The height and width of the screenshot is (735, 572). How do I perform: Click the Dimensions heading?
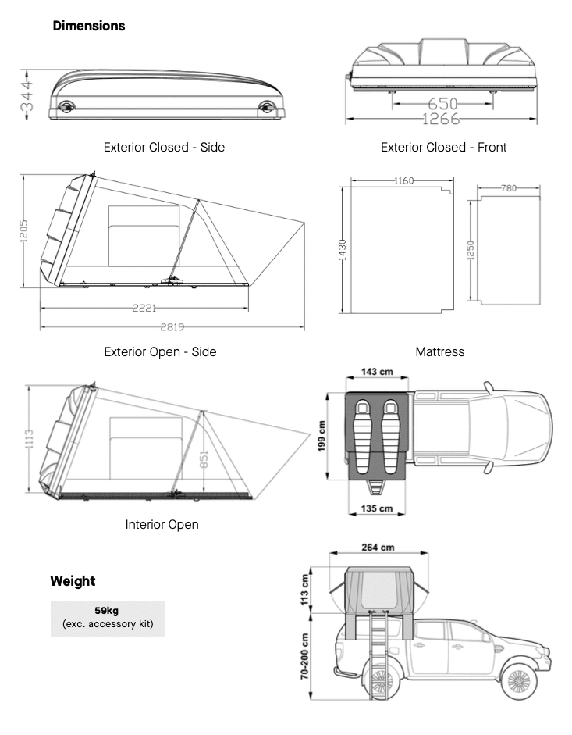pos(88,26)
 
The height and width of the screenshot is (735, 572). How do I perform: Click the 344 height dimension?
pos(26,95)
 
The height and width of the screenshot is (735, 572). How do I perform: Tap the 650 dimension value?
pos(442,104)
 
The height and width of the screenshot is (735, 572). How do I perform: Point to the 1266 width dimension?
pos(441,119)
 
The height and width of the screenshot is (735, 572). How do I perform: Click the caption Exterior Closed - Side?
pos(164,147)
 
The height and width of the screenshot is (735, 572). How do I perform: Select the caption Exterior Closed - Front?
pos(443,147)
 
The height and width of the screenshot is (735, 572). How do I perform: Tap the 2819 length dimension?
pos(172,326)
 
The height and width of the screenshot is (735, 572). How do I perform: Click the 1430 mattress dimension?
pos(343,250)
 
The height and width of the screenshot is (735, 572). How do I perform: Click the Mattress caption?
pos(439,351)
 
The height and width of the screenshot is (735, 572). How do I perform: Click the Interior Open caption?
pos(162,524)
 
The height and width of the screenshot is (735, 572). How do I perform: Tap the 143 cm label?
pos(376,372)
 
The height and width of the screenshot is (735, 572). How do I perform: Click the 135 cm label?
pos(376,508)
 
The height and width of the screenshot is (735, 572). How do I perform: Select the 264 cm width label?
pos(378,548)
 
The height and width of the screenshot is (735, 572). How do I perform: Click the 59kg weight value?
pos(108,611)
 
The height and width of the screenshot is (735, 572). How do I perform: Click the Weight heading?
pos(73,581)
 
